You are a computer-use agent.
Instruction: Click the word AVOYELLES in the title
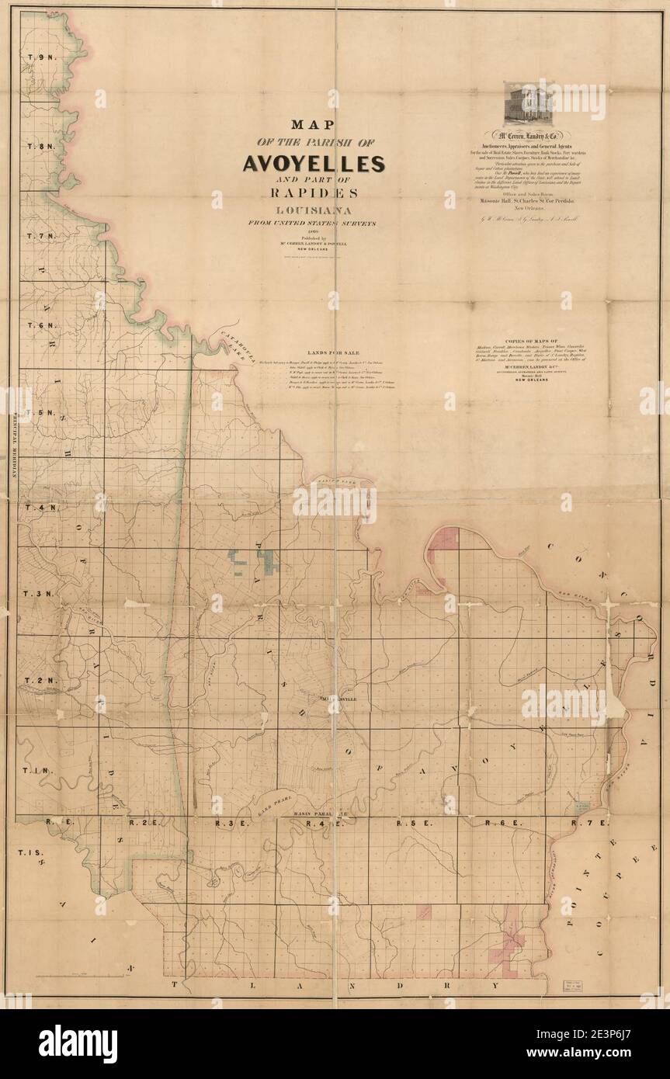(x=314, y=164)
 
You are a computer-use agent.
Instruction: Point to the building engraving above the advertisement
(x=527, y=103)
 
